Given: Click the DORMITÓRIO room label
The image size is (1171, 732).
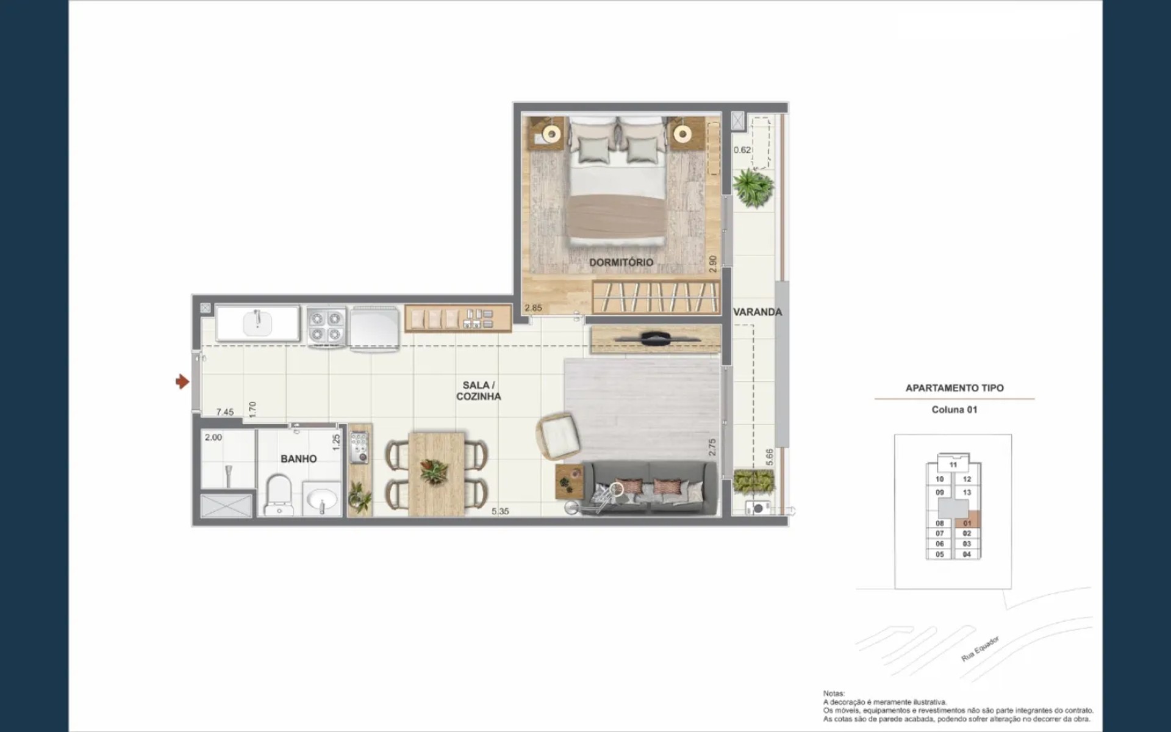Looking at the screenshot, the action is click(621, 262).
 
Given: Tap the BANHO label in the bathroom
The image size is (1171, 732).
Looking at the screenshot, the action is click(298, 459).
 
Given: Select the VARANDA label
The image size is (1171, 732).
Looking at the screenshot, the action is click(757, 312).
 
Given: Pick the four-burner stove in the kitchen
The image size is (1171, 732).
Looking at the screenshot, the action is click(326, 327).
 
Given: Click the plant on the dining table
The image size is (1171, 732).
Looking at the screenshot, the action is click(434, 472).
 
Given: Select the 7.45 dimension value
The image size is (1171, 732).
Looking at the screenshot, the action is click(225, 412).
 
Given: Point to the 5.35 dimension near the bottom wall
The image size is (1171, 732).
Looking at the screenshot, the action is click(500, 511).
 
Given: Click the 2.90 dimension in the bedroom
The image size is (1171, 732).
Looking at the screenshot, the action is click(712, 264).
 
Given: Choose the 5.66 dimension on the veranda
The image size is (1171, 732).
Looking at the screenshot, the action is click(769, 457).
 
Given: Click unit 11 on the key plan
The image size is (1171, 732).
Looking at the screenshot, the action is click(953, 465).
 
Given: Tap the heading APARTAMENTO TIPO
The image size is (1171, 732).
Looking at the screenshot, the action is click(954, 388).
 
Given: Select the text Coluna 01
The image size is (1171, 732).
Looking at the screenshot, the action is click(954, 409).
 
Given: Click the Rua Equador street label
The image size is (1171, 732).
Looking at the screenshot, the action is click(980, 648).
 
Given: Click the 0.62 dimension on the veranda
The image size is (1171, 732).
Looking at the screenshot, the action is click(742, 150).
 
